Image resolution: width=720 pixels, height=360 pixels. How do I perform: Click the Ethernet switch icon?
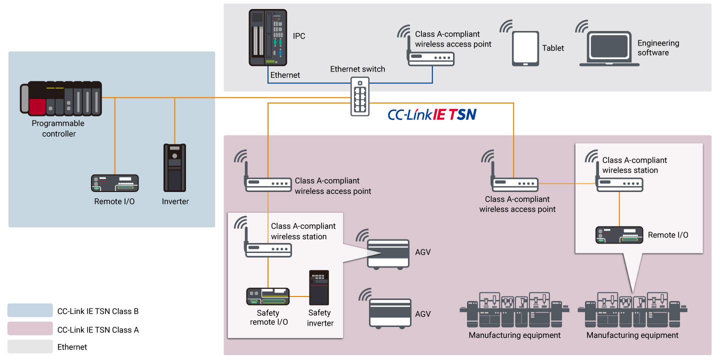coord(359,97)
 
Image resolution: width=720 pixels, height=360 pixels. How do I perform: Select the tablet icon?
coord(525,48)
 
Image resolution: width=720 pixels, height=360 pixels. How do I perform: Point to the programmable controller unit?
coord(61,98)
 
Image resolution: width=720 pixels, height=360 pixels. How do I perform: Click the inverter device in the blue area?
coord(174,168)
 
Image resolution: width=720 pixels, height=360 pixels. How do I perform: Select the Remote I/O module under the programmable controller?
coord(114,183)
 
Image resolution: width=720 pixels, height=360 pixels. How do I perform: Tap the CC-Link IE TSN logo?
coord(432,115)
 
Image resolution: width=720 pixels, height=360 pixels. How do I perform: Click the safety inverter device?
coord(319,288)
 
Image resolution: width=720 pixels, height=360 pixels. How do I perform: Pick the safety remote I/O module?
coord(268,296)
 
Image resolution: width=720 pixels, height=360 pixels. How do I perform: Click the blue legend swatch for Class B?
coord(30,310)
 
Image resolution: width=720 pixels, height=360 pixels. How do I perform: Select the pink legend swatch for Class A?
coord(30,328)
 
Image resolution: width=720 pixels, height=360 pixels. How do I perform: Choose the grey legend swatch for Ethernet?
coord(30,346)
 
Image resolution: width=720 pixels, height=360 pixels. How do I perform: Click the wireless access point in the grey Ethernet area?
coord(431,59)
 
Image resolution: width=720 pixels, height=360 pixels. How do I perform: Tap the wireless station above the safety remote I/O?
coord(268,249)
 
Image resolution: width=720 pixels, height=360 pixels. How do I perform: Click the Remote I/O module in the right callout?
coord(619,235)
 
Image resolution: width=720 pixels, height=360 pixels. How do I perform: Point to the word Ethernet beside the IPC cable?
coord(285,75)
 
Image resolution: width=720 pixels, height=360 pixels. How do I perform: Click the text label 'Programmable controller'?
coord(58,128)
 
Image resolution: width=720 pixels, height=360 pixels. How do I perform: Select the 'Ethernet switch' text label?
coord(357,69)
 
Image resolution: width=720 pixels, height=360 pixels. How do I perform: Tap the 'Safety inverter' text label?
coord(319,318)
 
